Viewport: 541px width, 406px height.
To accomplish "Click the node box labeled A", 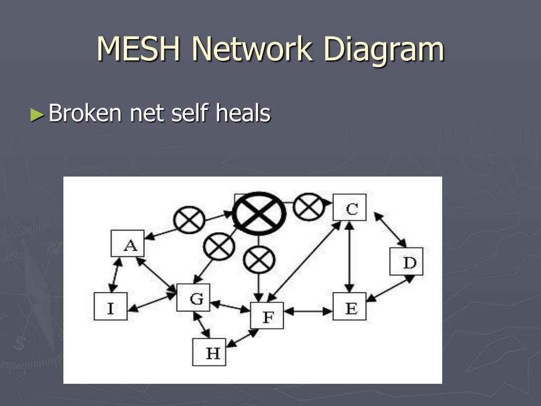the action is [x=128, y=243].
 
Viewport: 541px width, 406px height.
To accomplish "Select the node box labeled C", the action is [x=350, y=207].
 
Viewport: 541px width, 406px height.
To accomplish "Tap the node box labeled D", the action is [x=406, y=261].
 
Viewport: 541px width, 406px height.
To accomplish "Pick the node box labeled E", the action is [x=350, y=306].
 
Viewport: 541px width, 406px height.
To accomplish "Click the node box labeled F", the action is [x=267, y=316].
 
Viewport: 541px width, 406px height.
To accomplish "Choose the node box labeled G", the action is [x=193, y=298].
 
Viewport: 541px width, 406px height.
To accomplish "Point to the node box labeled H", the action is [x=209, y=352].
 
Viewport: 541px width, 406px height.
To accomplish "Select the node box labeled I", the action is [x=111, y=306].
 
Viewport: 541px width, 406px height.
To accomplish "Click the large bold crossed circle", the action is [x=259, y=214].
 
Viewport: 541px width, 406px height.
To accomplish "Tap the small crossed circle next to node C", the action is [x=309, y=207].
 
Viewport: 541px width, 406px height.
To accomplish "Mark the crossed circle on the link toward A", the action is [x=189, y=219].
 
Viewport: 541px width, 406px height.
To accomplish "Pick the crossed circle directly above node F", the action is [x=259, y=260].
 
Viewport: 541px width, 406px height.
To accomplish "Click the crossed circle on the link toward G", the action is [x=219, y=246].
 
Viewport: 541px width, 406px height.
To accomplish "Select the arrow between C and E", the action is [x=350, y=257].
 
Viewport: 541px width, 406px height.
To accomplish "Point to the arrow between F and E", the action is [x=308, y=311].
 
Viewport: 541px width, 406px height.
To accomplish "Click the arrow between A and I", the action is [x=115, y=275].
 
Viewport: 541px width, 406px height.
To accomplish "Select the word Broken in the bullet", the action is [x=85, y=113].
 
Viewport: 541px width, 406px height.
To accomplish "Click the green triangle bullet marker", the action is [x=38, y=115].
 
